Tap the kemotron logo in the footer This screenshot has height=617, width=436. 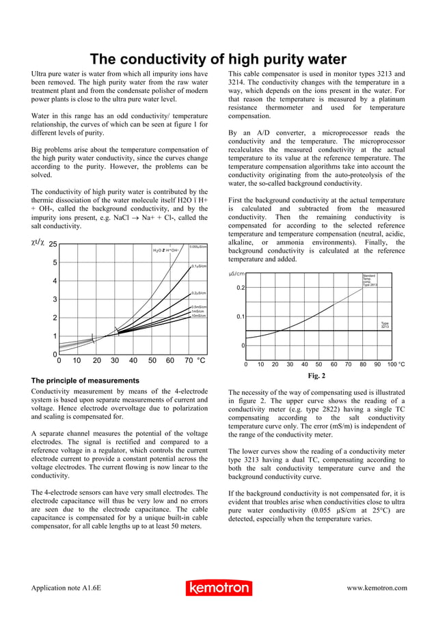[218, 588]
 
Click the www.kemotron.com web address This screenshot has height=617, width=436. [377, 588]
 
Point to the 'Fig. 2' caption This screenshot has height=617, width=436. [316, 376]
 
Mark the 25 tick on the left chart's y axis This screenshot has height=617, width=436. [52, 244]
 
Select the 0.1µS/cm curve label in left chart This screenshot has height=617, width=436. [199, 266]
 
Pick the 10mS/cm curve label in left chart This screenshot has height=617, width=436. [199, 316]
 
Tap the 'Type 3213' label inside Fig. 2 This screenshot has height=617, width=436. [385, 325]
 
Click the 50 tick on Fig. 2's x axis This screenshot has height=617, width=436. [319, 365]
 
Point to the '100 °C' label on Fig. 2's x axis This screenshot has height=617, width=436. [396, 365]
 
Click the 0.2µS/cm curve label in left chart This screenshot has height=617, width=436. [199, 292]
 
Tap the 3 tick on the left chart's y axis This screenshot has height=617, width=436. [55, 299]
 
